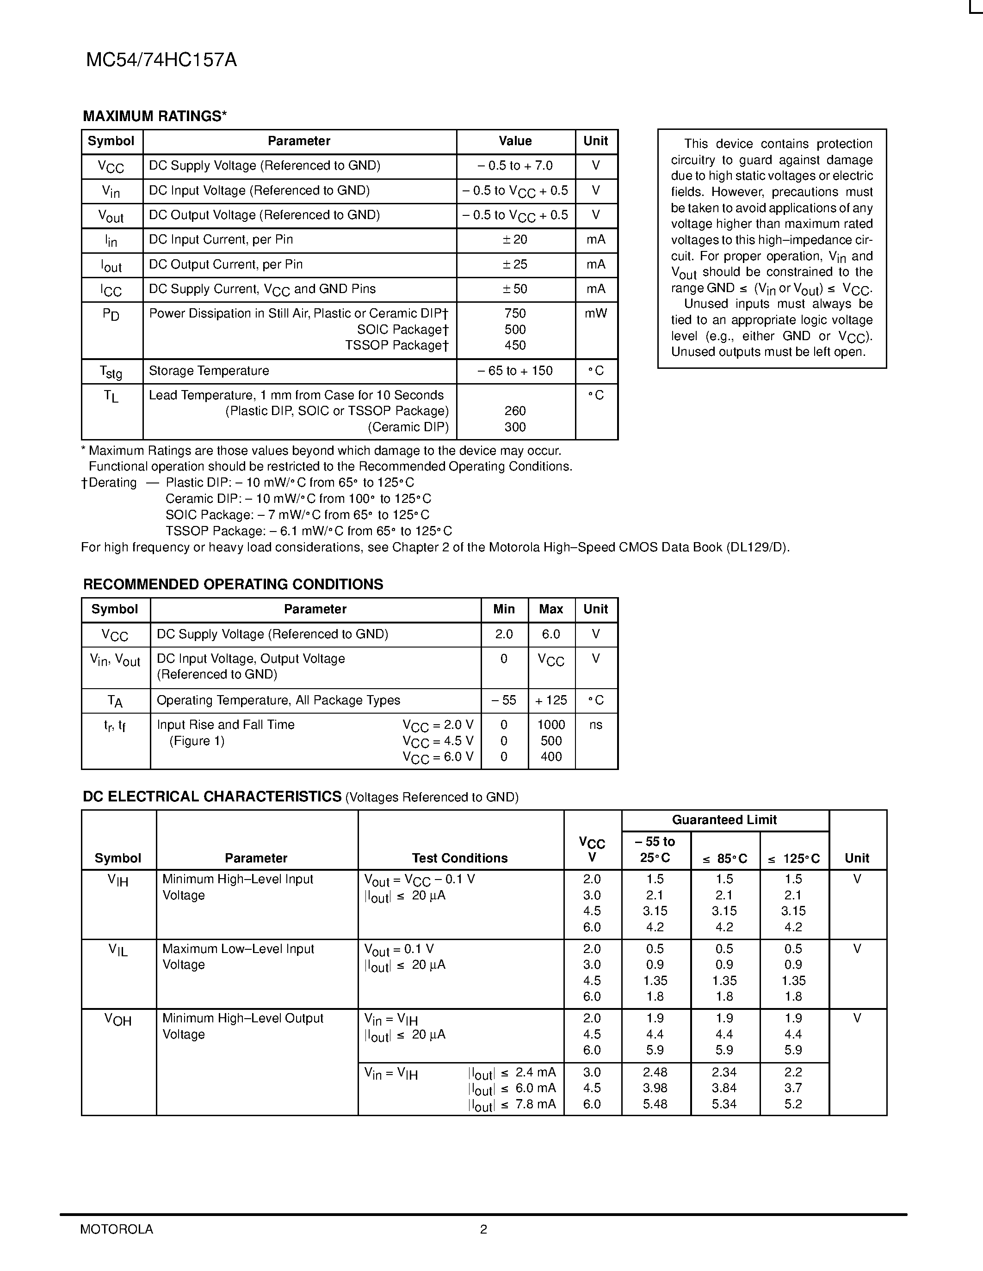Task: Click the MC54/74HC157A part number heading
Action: tap(161, 61)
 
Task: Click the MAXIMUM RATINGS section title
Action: tap(155, 116)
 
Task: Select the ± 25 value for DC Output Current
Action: tap(515, 264)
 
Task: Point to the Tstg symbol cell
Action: tap(111, 371)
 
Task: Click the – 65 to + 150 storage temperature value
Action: tap(515, 371)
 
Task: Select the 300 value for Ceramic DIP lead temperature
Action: tap(515, 427)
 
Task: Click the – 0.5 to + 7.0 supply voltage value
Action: tap(515, 166)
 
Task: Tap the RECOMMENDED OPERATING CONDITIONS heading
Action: tap(233, 584)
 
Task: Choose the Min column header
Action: tap(504, 609)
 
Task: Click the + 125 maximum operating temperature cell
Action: tap(551, 700)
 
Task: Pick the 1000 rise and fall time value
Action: tap(551, 725)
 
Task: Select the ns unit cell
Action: tap(596, 725)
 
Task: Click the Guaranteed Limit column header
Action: tap(724, 820)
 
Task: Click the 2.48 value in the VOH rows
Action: tap(655, 1072)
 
